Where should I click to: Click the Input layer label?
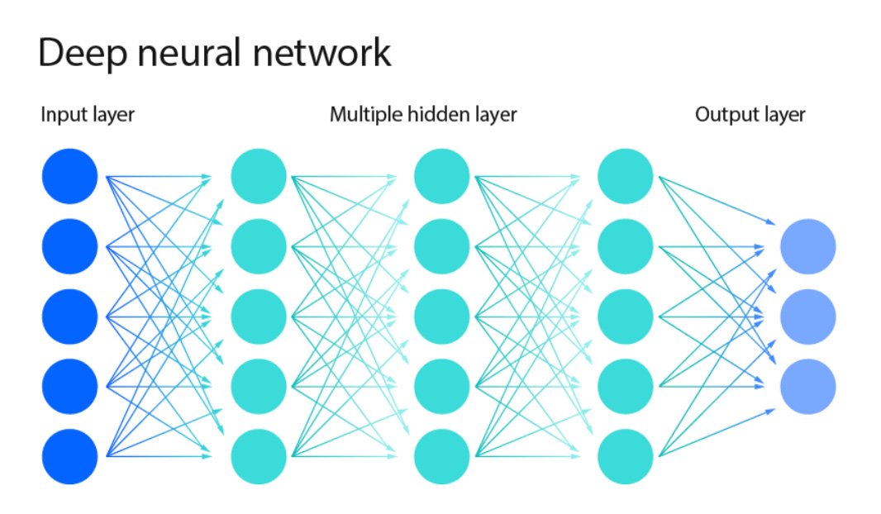(x=87, y=115)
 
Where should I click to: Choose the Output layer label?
(x=750, y=115)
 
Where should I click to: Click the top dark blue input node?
(x=69, y=176)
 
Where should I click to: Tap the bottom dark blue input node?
(x=69, y=456)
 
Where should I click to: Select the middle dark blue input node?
(x=69, y=316)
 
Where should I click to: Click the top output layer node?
(x=808, y=246)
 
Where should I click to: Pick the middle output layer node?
(x=808, y=316)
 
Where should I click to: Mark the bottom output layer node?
(x=808, y=386)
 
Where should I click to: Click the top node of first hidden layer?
(x=259, y=176)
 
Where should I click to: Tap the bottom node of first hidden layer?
(x=259, y=456)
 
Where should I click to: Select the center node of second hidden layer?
(x=441, y=316)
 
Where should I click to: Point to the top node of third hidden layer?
(x=625, y=176)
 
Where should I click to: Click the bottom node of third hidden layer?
(x=625, y=456)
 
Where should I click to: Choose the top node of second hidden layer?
(x=441, y=176)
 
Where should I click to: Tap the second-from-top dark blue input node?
(x=69, y=246)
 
